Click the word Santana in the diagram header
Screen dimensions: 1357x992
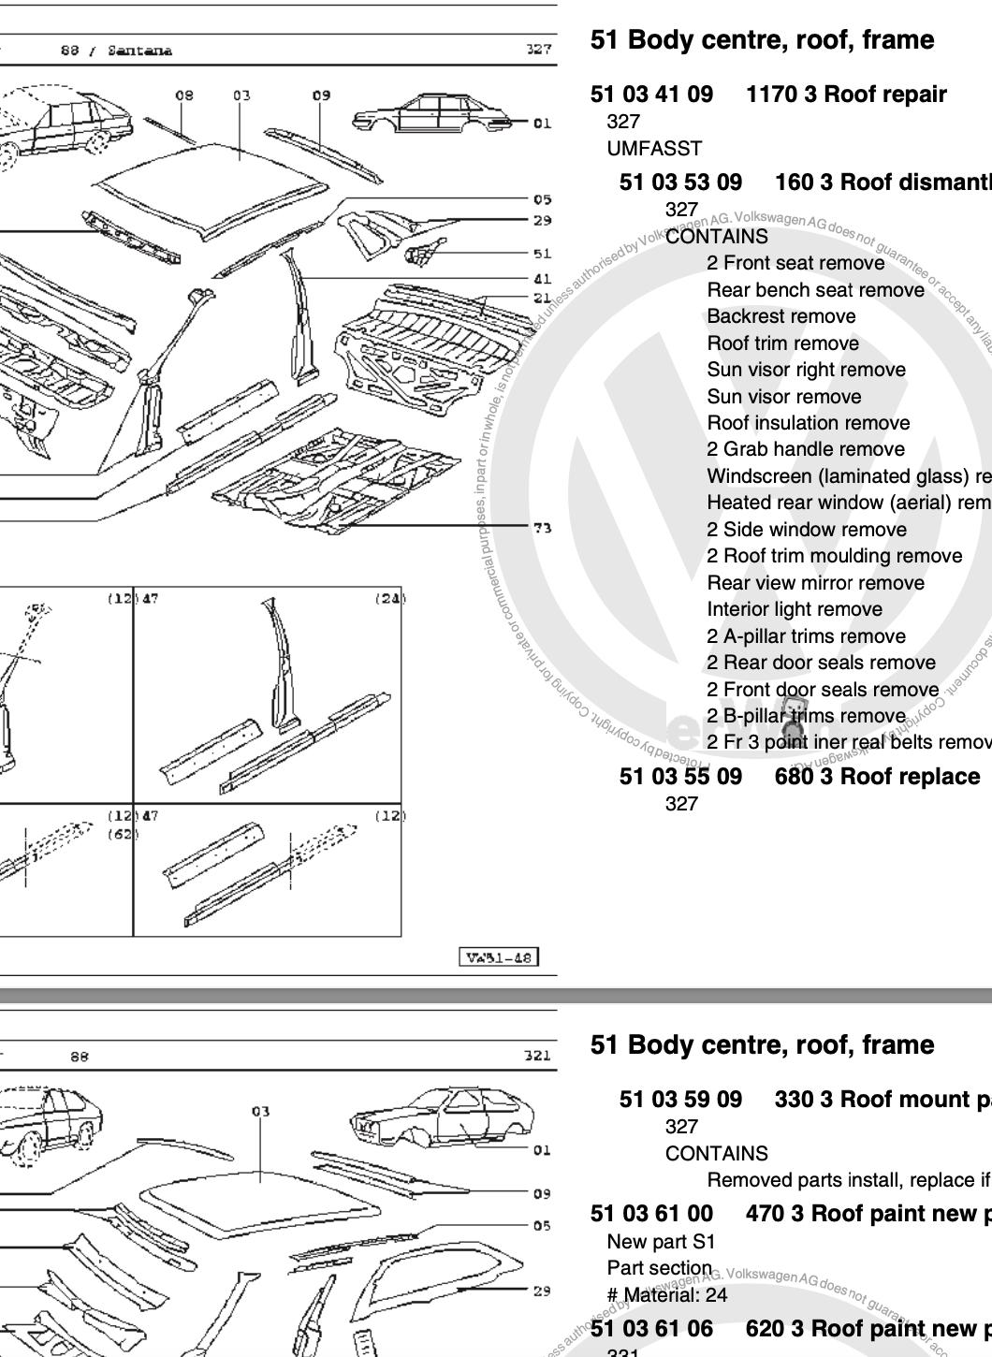139,51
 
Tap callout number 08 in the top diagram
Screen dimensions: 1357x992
184,95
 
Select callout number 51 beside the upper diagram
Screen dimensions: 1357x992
542,254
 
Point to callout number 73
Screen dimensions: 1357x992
542,528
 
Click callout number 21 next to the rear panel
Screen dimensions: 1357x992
542,298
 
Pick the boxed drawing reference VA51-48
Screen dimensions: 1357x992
499,956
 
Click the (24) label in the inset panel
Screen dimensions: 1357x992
390,599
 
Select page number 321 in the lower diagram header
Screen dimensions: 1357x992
538,1056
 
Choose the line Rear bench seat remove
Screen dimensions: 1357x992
815,290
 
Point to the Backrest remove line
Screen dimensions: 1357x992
780,316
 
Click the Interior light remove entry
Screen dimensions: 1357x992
795,609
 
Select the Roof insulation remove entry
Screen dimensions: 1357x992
809,423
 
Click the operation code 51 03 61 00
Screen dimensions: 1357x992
651,1214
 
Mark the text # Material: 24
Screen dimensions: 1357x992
667,1295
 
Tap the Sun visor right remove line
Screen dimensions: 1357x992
806,370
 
